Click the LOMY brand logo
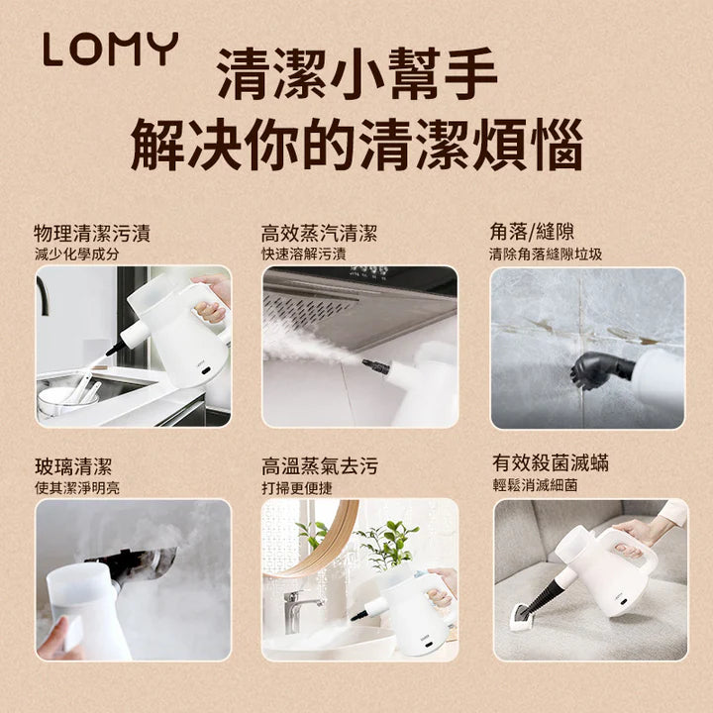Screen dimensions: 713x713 (x=110, y=50)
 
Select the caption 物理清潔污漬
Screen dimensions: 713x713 (x=92, y=234)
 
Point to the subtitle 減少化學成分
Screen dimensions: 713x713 (x=76, y=255)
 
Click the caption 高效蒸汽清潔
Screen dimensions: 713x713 (x=319, y=234)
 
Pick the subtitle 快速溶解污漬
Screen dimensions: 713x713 (x=304, y=255)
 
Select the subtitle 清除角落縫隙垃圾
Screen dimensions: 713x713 (x=546, y=255)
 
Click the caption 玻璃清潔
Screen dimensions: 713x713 (x=73, y=465)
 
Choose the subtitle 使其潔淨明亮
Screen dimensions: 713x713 (x=76, y=487)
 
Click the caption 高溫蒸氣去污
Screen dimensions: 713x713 (x=319, y=465)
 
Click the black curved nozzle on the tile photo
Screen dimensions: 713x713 (x=600, y=369)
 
